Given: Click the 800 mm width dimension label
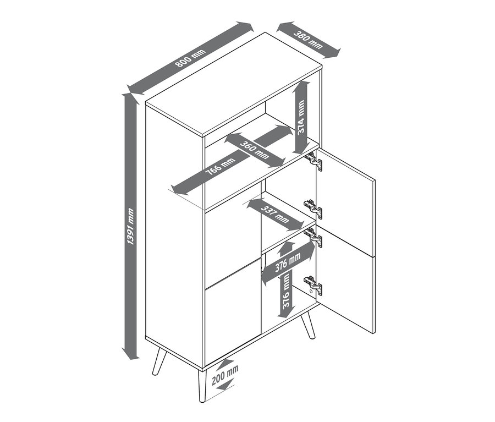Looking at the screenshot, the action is [190, 58].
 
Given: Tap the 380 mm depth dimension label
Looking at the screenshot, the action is [308, 40].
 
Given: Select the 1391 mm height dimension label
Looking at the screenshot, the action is [130, 226].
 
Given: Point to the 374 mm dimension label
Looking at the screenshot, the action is [301, 117].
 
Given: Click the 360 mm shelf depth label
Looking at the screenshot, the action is [254, 150].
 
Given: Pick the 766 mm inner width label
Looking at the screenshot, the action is [221, 167].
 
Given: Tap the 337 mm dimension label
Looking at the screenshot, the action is [274, 214].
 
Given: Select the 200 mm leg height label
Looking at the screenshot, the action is [225, 375].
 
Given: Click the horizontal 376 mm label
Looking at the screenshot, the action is [288, 262].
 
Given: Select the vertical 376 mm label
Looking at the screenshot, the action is [285, 291].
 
